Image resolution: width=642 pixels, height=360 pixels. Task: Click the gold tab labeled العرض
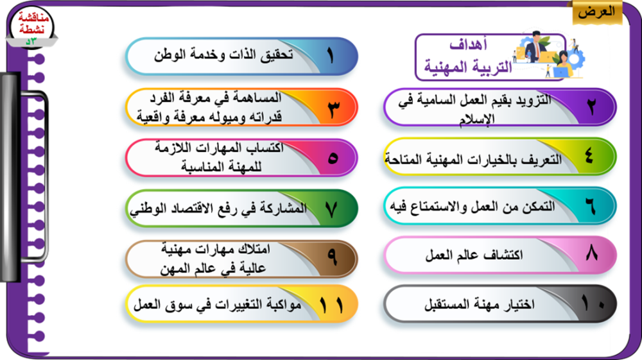click(597, 12)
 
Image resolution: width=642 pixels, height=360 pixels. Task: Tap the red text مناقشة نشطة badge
click(33, 23)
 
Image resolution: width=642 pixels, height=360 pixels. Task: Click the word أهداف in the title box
click(469, 44)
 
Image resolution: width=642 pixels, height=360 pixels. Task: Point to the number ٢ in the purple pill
click(591, 107)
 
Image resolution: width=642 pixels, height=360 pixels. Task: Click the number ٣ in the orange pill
click(334, 109)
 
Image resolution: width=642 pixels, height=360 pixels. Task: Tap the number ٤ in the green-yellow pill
click(589, 155)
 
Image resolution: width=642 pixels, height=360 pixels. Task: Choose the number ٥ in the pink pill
click(333, 158)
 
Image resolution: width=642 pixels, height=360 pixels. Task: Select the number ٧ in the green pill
click(331, 209)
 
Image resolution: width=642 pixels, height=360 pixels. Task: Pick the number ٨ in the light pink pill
click(592, 253)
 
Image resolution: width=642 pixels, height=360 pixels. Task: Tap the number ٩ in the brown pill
click(332, 258)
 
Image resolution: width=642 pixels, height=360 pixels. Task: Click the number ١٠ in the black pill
click(593, 304)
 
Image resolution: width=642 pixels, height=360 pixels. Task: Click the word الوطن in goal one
click(169, 55)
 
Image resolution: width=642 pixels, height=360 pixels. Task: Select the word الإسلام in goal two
click(477, 119)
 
